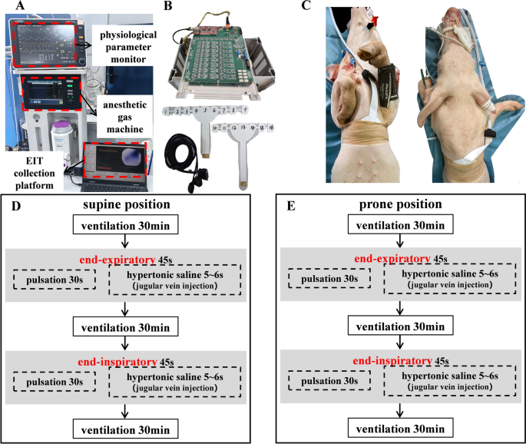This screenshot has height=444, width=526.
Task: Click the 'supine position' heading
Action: click(x=126, y=206)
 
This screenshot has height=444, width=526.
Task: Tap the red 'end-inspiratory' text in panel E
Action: click(x=392, y=360)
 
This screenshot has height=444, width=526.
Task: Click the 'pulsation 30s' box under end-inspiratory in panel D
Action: click(x=54, y=383)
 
